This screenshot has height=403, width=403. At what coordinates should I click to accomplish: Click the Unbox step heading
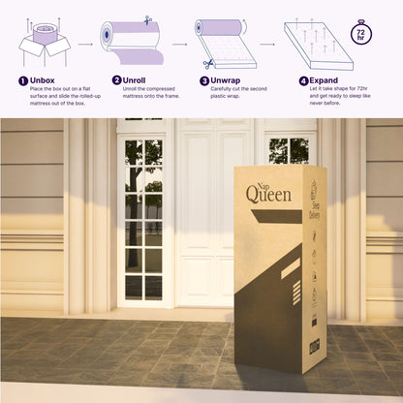(x=44, y=80)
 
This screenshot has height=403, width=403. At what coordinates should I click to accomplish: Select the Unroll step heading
(x=138, y=80)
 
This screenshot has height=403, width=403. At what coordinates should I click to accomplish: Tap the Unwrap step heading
(x=229, y=80)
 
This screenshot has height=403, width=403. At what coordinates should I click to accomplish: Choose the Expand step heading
(x=324, y=80)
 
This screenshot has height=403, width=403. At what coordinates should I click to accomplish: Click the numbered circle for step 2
(x=117, y=80)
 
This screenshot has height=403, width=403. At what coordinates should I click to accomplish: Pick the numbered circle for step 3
(x=204, y=80)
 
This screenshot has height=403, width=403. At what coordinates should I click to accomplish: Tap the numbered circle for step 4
(x=303, y=80)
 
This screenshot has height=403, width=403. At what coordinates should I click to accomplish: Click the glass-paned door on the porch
(x=143, y=217)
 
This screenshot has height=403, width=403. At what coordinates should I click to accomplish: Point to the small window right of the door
(x=290, y=149)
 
